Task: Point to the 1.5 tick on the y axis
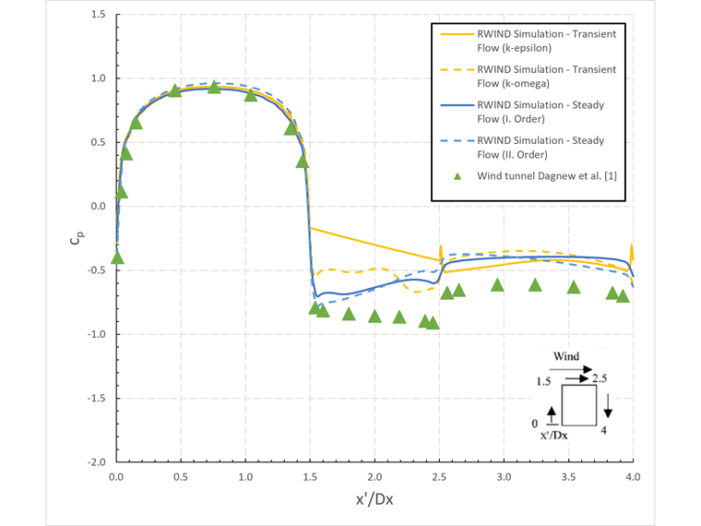[98, 15]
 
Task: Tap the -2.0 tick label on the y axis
[96, 461]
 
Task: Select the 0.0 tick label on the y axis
[98, 207]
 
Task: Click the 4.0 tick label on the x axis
[633, 477]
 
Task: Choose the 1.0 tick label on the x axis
[245, 477]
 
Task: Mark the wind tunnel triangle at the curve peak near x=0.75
[214, 88]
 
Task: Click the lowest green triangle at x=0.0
[117, 258]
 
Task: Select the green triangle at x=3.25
[535, 285]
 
